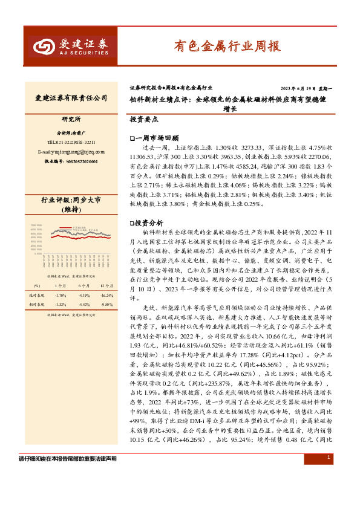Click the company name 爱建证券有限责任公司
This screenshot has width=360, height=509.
tap(71, 97)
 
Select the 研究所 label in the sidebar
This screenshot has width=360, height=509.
tap(71, 119)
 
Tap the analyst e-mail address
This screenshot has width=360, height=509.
tap(71, 152)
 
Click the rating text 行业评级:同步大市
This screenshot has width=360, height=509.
tap(71, 199)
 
